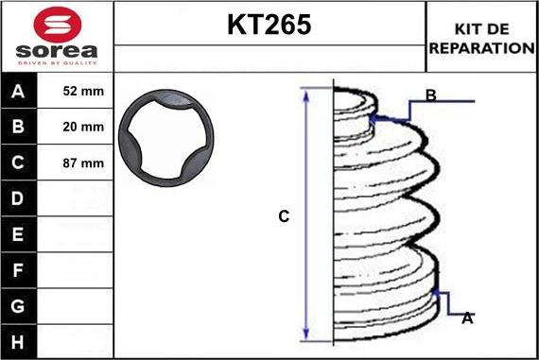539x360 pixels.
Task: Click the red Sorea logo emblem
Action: (x=58, y=25)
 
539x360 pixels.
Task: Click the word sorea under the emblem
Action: (x=57, y=51)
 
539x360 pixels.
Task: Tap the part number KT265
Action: (x=269, y=25)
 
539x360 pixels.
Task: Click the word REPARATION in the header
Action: (x=482, y=48)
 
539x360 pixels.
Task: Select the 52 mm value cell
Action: (x=75, y=91)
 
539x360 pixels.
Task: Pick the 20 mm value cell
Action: (x=75, y=127)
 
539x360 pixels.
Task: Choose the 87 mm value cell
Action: (x=75, y=163)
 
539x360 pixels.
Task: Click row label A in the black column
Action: (x=18, y=92)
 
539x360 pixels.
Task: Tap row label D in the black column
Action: (x=18, y=198)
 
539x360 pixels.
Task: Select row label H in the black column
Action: (x=18, y=342)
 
